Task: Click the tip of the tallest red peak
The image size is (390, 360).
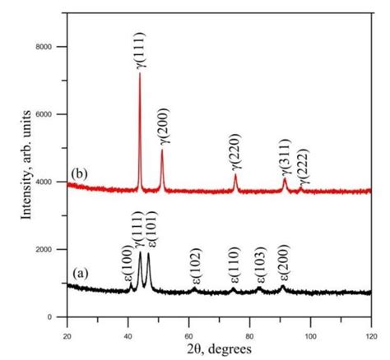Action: tap(139, 73)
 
